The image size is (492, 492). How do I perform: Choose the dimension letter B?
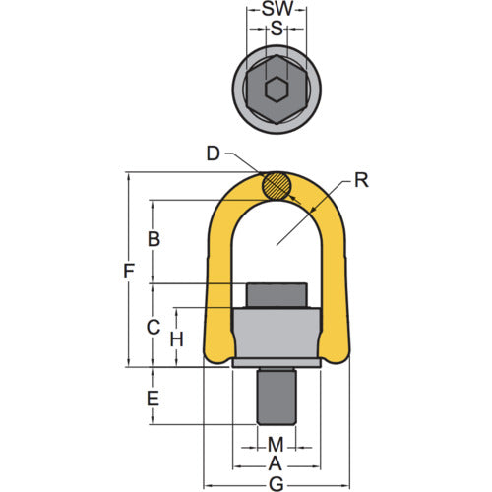click(153, 238)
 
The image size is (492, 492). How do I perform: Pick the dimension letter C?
click(153, 326)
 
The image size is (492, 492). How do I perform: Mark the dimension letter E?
click(153, 399)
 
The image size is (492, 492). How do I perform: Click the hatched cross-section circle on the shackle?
click(277, 185)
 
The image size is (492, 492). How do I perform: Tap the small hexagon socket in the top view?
click(276, 91)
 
